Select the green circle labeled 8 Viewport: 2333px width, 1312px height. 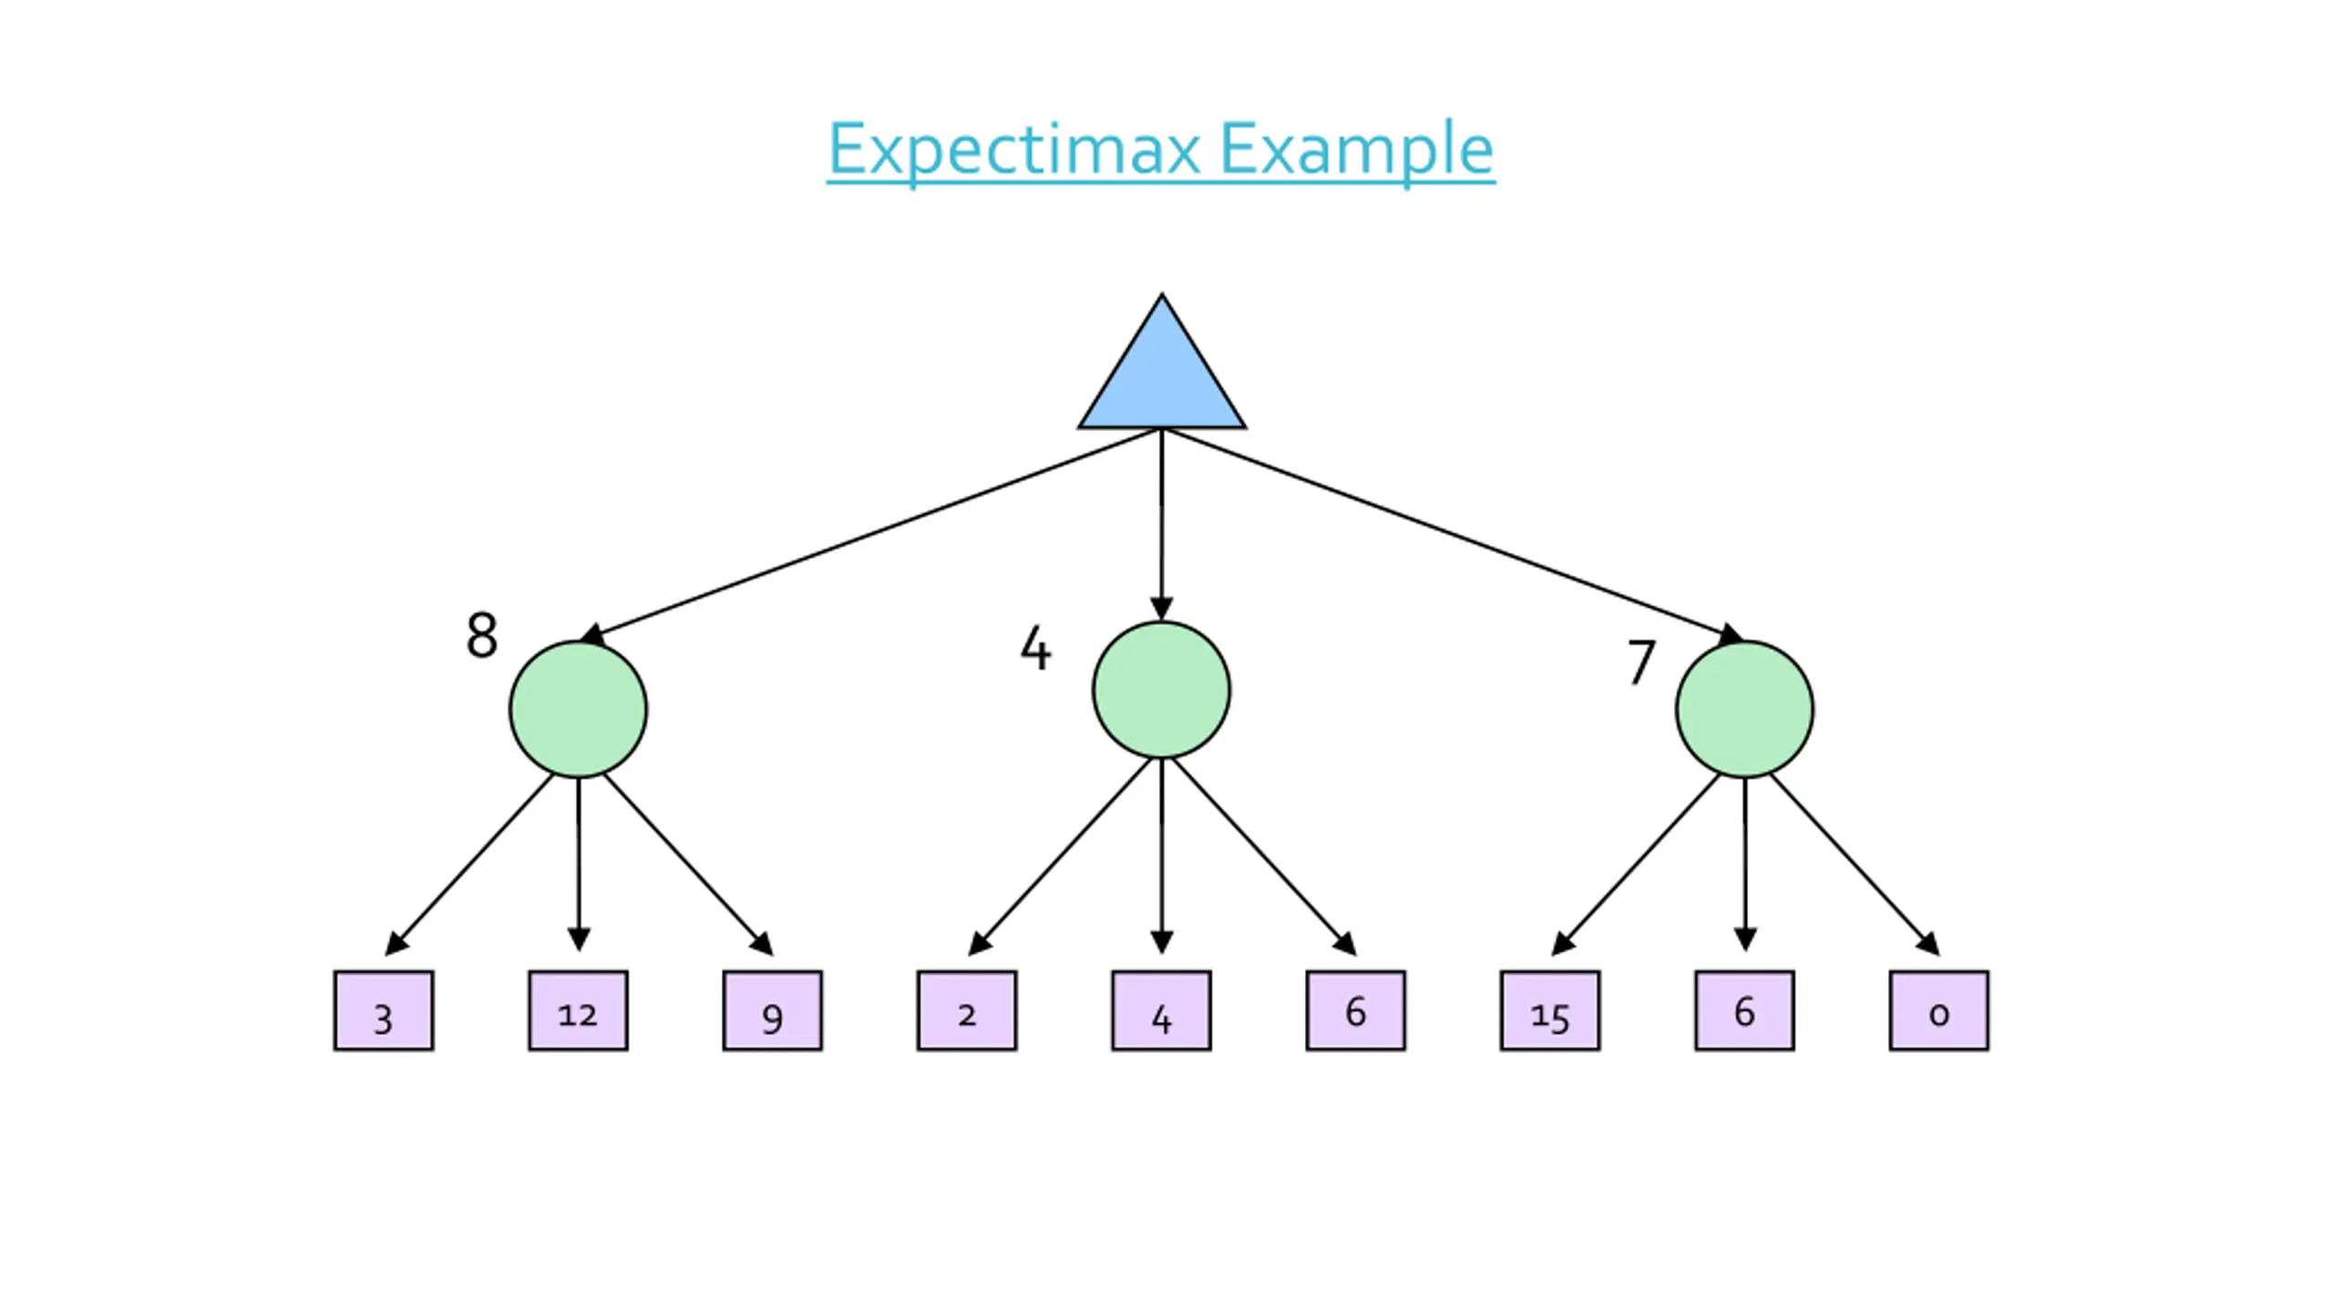click(x=578, y=709)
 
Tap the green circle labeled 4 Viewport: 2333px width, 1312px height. click(x=1161, y=690)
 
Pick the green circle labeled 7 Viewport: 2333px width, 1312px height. click(x=1744, y=709)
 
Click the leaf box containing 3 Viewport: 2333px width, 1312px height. click(x=384, y=1010)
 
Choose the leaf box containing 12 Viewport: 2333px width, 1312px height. click(x=578, y=1010)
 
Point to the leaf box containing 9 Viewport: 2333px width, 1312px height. click(x=773, y=1010)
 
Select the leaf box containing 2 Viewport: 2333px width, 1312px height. click(x=967, y=1010)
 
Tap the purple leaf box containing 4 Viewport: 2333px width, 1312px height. click(x=1161, y=1010)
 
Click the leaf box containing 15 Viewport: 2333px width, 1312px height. click(x=1550, y=1010)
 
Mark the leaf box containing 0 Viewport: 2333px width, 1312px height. click(x=1939, y=1010)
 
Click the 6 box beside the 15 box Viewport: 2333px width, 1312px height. click(x=1744, y=1010)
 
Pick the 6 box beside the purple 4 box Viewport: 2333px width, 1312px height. click(x=1356, y=1010)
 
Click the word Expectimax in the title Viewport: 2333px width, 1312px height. click(x=1013, y=150)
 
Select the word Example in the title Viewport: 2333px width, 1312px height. click(x=1356, y=150)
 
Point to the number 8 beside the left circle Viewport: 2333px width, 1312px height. click(x=482, y=635)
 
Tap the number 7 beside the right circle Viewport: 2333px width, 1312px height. click(x=1641, y=661)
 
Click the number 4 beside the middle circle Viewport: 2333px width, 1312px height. click(x=1035, y=648)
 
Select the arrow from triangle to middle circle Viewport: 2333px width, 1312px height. click(x=1161, y=525)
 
